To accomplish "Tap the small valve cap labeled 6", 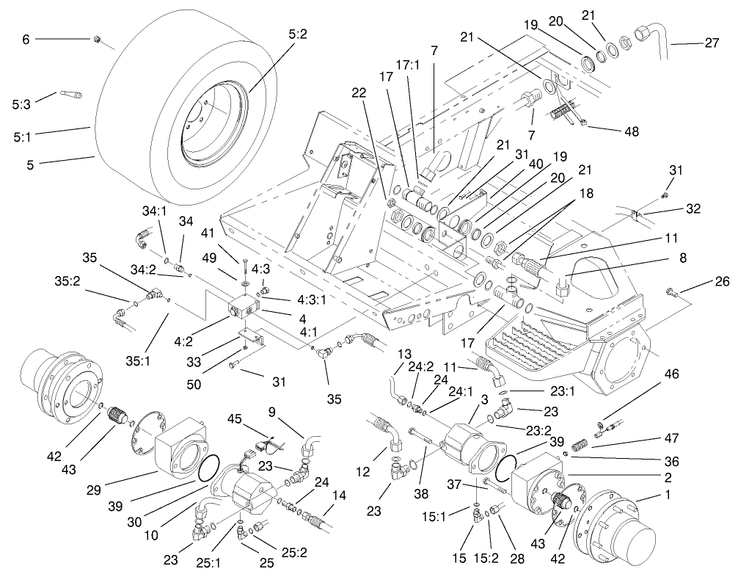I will point(98,40).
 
